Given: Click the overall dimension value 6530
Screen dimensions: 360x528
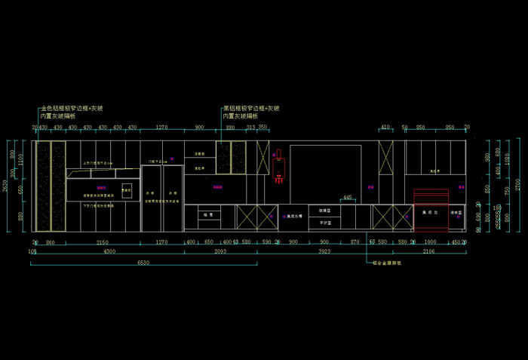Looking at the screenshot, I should tap(143, 262).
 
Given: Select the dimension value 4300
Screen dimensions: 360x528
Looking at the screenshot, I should tap(109, 251).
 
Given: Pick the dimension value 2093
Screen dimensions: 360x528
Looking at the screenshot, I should tap(219, 251).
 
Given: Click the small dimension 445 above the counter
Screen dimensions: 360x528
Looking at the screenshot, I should tap(347, 198).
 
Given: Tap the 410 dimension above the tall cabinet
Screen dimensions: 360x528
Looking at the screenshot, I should tap(385, 127).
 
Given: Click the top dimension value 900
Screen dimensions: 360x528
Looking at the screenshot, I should tap(199, 128).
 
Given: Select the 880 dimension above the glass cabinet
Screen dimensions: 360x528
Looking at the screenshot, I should tap(231, 128).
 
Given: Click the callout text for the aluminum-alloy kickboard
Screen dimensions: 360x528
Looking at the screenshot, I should tap(386, 263).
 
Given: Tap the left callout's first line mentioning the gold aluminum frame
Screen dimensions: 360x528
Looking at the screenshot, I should tap(72, 109).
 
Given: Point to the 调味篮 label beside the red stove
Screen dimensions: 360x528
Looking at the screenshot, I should tap(456, 214).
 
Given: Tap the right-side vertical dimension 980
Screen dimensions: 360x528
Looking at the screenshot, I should tap(497, 155).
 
